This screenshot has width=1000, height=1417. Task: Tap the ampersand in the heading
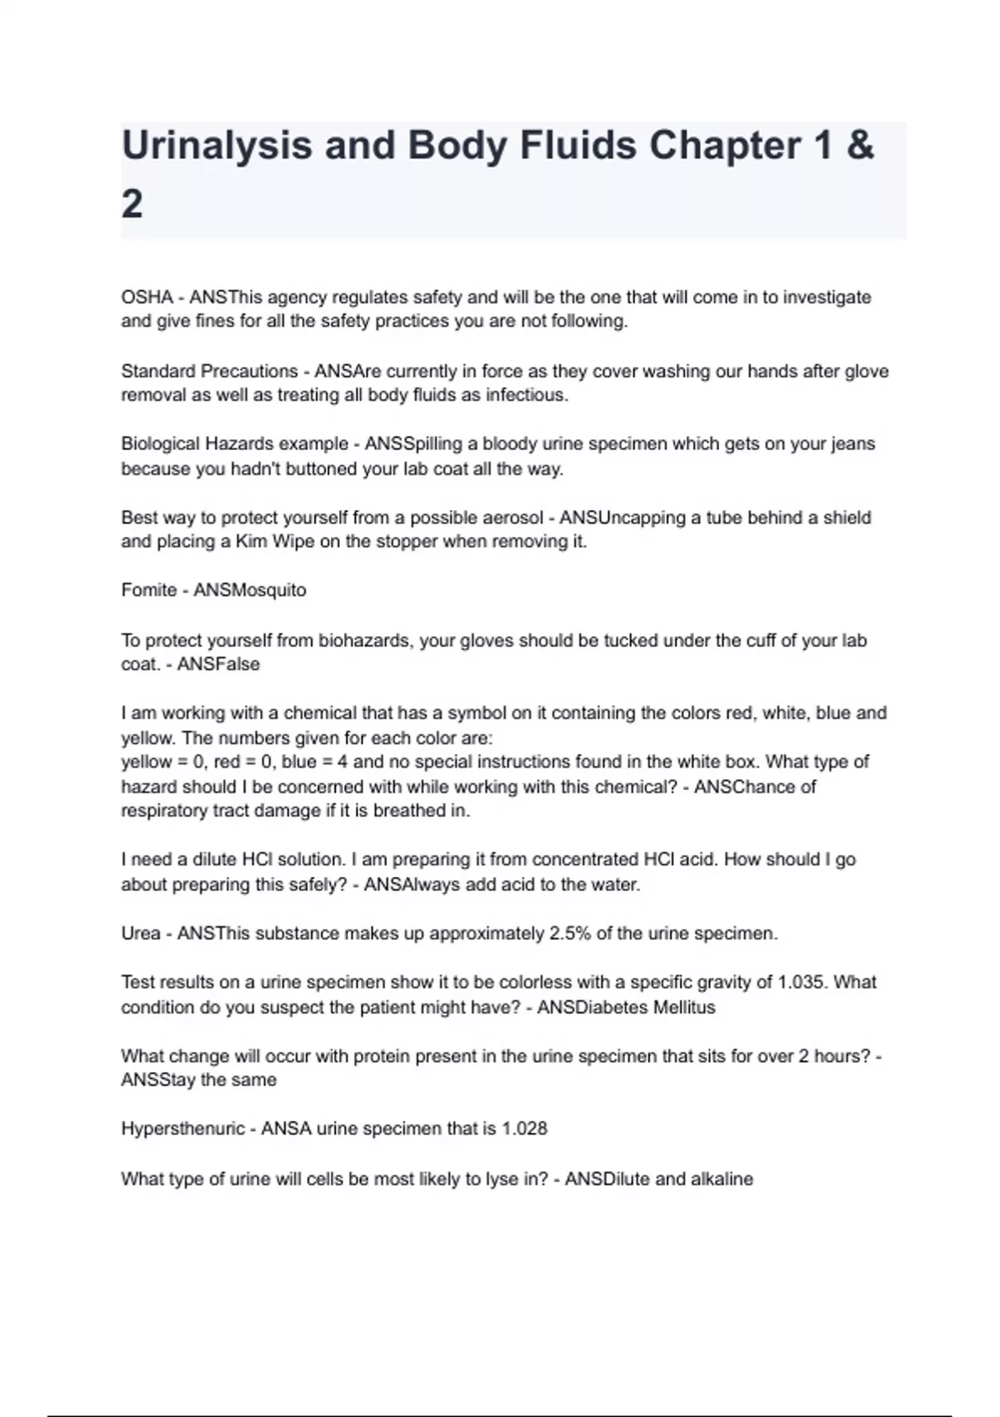(x=859, y=147)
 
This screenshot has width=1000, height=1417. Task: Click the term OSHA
(x=147, y=298)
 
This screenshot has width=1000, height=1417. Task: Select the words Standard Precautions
(x=209, y=371)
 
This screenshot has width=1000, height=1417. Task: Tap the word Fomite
(x=148, y=590)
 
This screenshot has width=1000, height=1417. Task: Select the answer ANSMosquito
(x=250, y=590)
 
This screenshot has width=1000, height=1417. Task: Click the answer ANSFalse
(x=218, y=664)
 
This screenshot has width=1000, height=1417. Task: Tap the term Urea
(x=141, y=934)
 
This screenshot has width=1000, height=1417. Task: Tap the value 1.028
(x=524, y=1129)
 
